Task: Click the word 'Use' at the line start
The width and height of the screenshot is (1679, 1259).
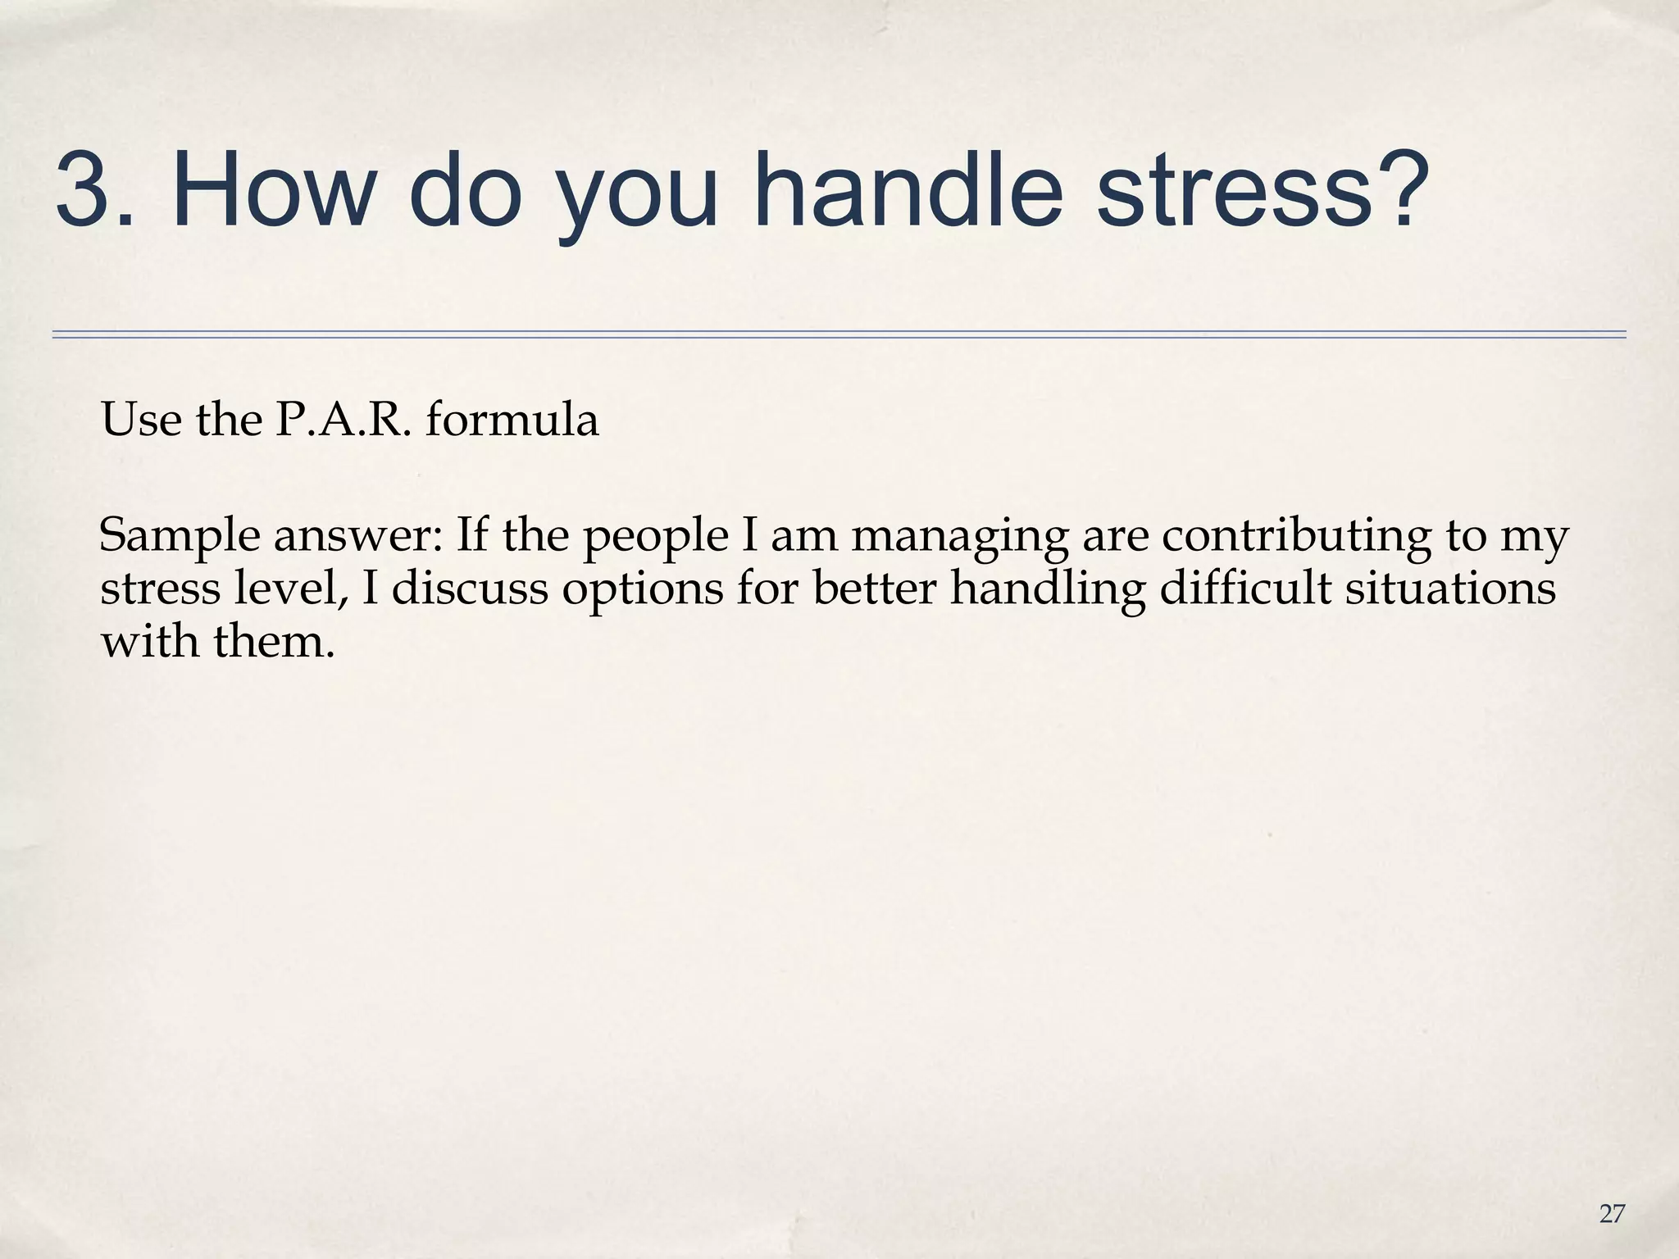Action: pos(141,420)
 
